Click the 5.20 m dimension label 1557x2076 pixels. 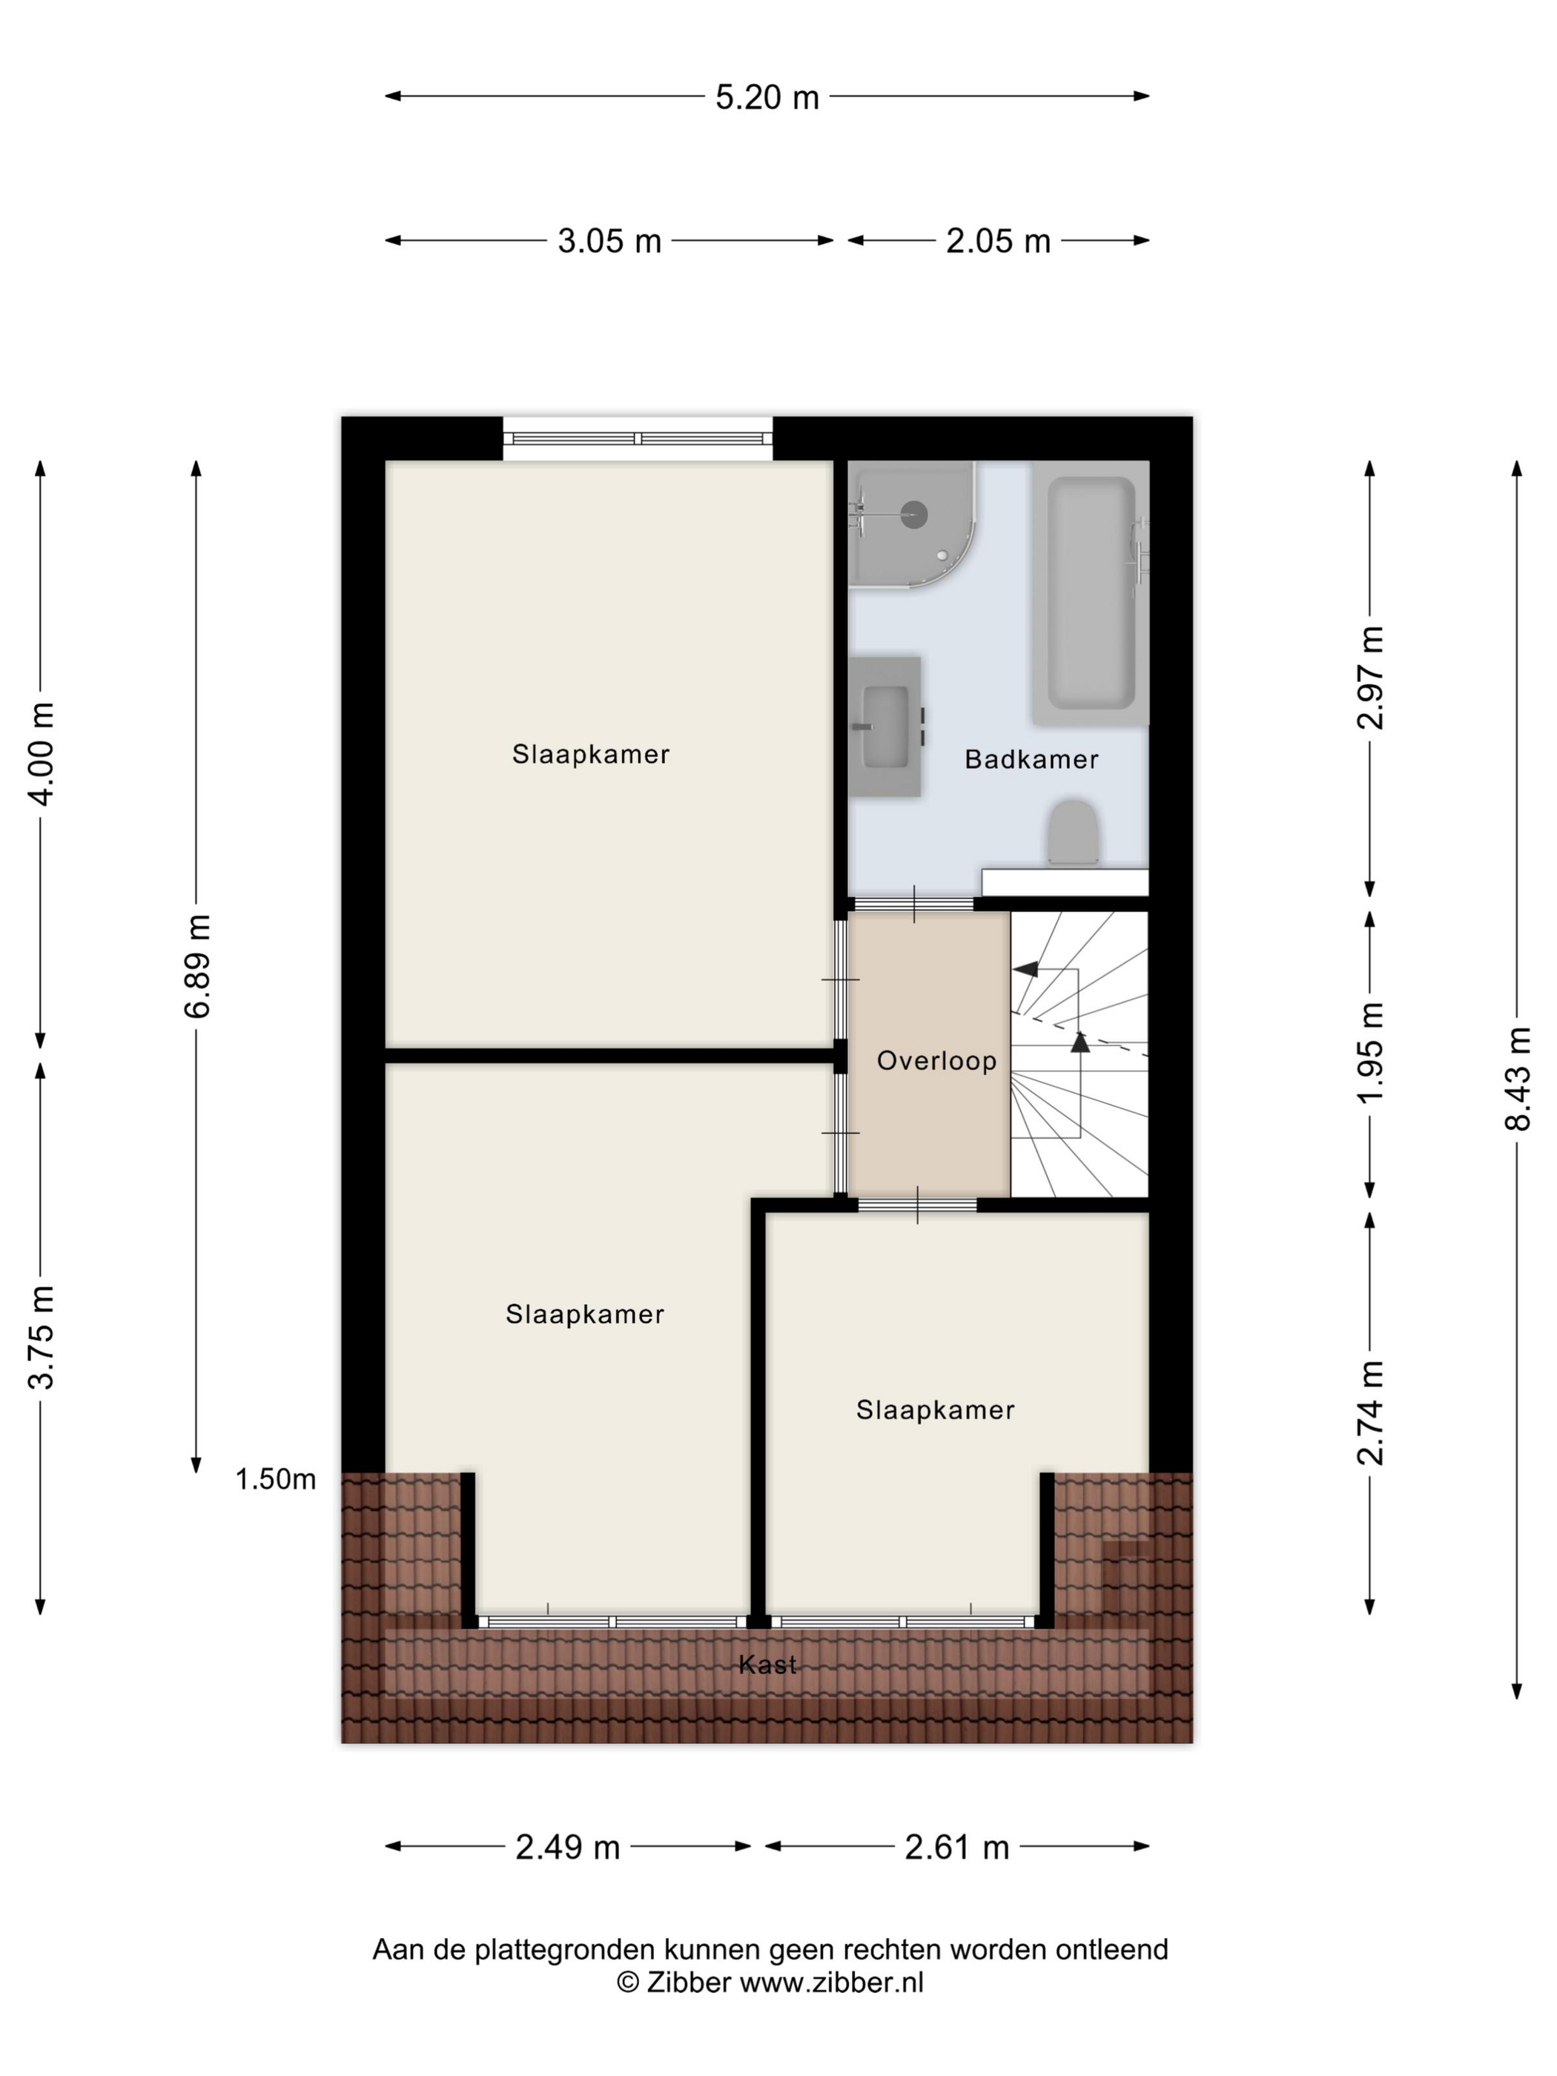coord(767,96)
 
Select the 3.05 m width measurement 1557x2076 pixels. coord(609,241)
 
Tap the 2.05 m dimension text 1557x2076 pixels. coord(998,241)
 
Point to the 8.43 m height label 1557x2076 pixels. coord(1518,1078)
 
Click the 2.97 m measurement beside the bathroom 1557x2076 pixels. coord(1371,677)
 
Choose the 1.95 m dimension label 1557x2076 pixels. coord(1371,1053)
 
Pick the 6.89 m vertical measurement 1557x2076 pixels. coord(198,966)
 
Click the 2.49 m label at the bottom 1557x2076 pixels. coord(568,1847)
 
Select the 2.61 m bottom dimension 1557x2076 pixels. coord(956,1847)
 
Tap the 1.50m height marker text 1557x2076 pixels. coord(275,1480)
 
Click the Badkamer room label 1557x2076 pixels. coord(1031,759)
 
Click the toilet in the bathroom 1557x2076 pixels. coord(1073,833)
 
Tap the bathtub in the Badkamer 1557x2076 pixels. coord(1091,593)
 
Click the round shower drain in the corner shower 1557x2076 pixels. coord(914,513)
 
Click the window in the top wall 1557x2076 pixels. coord(637,438)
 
